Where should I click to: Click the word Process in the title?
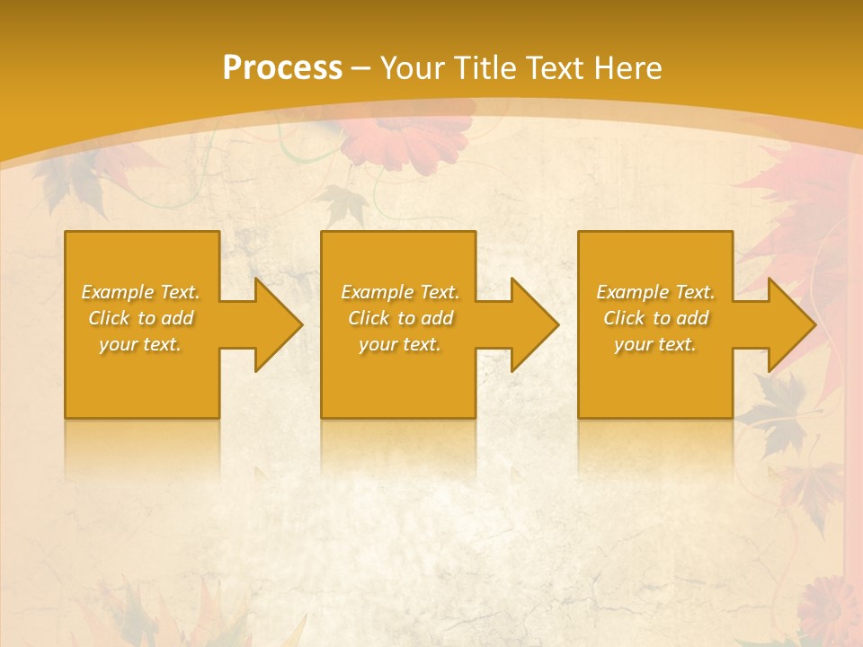point(282,67)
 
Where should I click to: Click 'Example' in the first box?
point(118,292)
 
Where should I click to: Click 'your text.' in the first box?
point(140,344)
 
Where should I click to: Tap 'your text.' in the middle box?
point(400,344)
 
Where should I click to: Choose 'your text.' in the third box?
point(655,344)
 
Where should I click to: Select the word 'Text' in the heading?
point(556,67)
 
